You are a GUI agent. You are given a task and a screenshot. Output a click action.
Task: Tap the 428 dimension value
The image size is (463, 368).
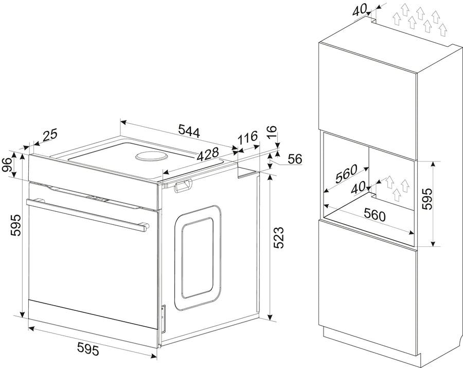coord(208,154)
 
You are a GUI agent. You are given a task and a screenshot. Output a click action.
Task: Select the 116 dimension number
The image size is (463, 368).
coord(248,137)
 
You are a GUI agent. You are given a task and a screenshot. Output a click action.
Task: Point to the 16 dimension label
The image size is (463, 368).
coord(272,132)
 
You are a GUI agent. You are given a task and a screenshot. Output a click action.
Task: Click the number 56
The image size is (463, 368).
coord(295,159)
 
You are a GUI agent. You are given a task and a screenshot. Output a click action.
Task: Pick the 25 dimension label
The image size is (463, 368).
coord(50,135)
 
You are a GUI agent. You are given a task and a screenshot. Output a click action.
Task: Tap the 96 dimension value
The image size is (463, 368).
coord(7,165)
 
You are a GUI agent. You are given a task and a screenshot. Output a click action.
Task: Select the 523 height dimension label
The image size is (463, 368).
coord(278,238)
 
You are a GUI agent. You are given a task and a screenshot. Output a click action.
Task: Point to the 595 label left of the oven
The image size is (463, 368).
coord(15,225)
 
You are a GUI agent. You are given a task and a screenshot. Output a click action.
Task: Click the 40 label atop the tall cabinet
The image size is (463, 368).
coord(360,10)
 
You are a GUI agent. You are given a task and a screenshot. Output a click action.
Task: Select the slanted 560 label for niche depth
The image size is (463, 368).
coord(346,173)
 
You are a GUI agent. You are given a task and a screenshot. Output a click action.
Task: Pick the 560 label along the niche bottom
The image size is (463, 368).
coord(375,214)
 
